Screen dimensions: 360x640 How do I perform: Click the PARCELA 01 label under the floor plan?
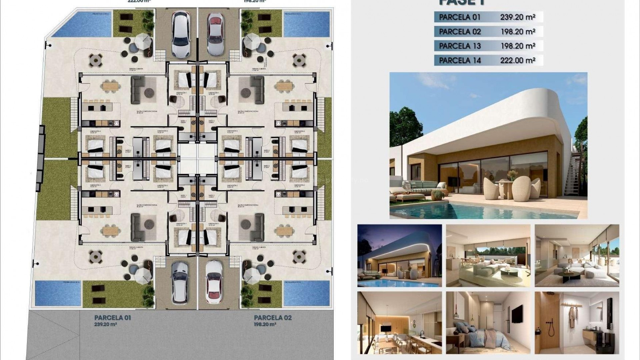pyautogui.click(x=113, y=317)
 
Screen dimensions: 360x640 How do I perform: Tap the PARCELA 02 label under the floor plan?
pyautogui.click(x=273, y=317)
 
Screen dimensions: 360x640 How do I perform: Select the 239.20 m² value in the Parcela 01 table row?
pyautogui.click(x=517, y=17)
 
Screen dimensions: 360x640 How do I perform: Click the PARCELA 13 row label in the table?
pyautogui.click(x=460, y=46)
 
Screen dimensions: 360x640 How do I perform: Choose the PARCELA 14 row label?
pyautogui.click(x=460, y=60)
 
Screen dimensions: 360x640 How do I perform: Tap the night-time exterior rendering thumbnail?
pyautogui.click(x=399, y=255)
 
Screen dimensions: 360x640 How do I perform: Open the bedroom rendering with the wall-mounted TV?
pyautogui.click(x=488, y=323)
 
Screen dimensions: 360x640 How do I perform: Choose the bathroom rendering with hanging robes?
pyautogui.click(x=577, y=323)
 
